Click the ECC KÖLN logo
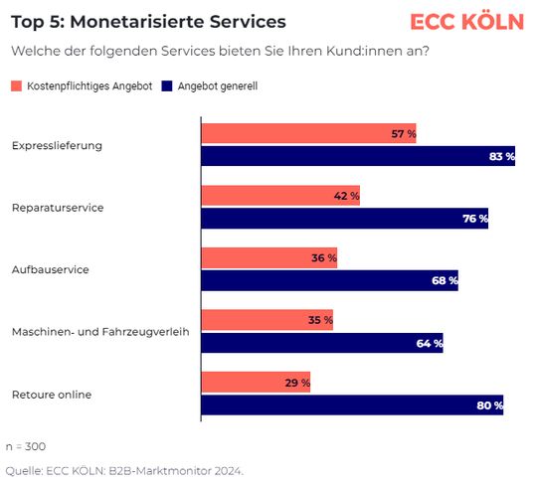[x=466, y=22]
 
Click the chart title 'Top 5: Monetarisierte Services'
[x=147, y=22]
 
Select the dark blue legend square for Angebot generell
[x=167, y=86]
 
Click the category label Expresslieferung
[x=57, y=145]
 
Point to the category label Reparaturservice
[x=58, y=208]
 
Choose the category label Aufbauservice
[x=50, y=270]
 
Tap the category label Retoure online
[x=52, y=395]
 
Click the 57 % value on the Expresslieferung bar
[x=403, y=134]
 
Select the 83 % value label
[x=502, y=156]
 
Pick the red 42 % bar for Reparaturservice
[x=280, y=197]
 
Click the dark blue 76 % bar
[x=344, y=219]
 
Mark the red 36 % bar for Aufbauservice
[x=268, y=258]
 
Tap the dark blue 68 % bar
[x=329, y=280]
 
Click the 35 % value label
[x=320, y=321]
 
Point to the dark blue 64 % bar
[x=321, y=343]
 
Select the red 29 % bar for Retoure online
[x=256, y=383]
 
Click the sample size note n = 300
[x=26, y=446]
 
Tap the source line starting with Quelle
[x=124, y=470]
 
